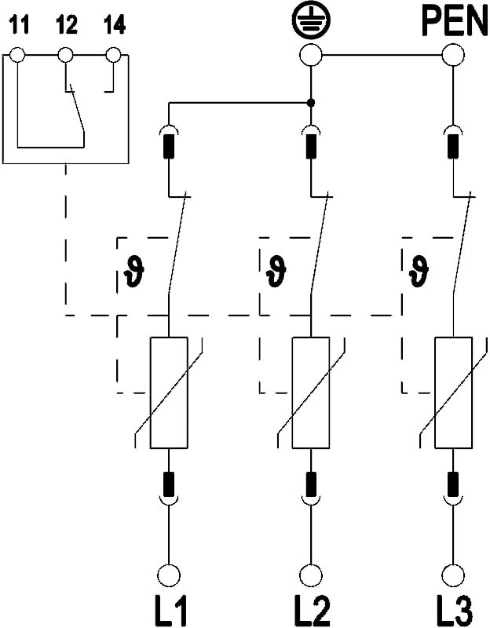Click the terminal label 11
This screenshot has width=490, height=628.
19,25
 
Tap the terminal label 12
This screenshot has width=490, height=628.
67,25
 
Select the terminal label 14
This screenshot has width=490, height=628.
114,25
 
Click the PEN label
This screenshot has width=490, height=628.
454,20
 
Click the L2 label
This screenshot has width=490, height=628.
312,609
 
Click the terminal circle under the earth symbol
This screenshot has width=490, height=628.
312,55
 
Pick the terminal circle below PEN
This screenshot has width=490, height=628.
454,55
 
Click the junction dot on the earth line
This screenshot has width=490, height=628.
312,103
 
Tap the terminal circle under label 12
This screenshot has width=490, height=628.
67,55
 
